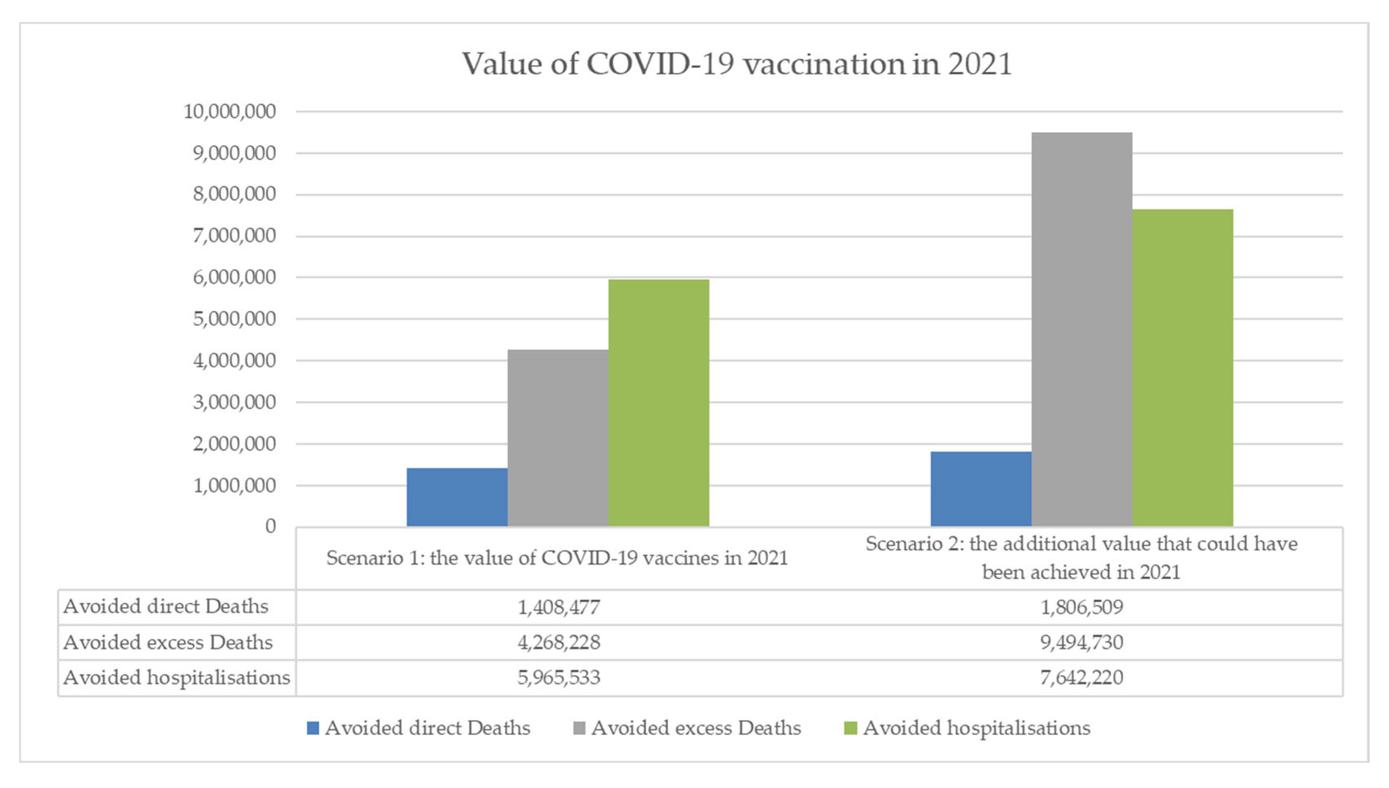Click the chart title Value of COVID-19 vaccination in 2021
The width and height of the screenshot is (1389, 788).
(x=737, y=64)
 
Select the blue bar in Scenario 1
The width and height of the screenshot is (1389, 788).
(x=457, y=497)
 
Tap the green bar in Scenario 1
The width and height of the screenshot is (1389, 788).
(x=658, y=403)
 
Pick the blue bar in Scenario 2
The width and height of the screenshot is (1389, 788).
(x=980, y=489)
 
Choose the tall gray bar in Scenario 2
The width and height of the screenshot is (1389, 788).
(x=1081, y=329)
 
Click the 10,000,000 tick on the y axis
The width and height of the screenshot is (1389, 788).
(x=230, y=112)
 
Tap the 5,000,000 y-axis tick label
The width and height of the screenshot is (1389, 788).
(x=234, y=319)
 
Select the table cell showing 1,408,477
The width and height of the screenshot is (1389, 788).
(x=559, y=607)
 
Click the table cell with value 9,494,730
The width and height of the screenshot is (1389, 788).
(x=1081, y=642)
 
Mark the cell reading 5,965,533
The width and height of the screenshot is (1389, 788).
(x=559, y=678)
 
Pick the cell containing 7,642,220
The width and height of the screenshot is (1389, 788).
(x=1081, y=678)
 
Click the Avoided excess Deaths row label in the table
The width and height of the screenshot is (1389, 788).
(x=168, y=642)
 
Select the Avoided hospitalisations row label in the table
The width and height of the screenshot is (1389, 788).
(x=176, y=678)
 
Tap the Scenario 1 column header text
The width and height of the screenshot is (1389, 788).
(x=557, y=558)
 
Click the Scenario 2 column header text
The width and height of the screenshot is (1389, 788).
(x=1081, y=558)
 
